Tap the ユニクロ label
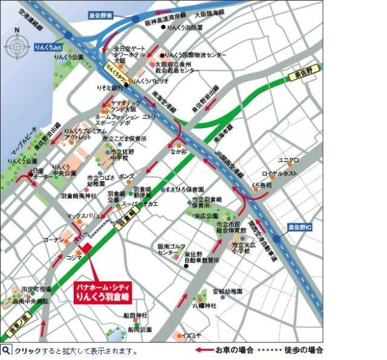[x=288, y=160]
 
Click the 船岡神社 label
[x=136, y=315]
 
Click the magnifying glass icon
[x=6, y=350]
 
